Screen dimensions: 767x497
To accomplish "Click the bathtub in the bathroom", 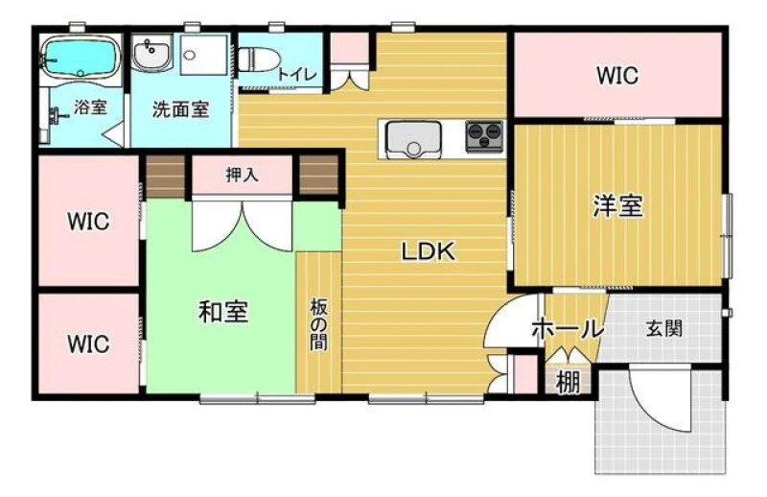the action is [81, 58].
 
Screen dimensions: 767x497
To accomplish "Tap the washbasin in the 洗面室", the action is [151, 53].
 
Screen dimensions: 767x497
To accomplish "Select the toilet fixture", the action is [258, 59].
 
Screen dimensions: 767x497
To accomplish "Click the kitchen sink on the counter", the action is [413, 138].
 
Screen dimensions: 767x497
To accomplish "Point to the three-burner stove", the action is [484, 135].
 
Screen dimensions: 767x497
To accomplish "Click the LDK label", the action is [429, 251].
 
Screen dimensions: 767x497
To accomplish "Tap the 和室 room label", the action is [223, 312].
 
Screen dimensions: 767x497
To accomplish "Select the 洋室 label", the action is [617, 205].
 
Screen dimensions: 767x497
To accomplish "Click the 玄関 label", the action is [664, 328].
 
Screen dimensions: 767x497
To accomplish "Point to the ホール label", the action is [568, 329].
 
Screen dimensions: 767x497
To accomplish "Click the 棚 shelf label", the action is [569, 383].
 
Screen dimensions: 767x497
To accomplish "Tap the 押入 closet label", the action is [243, 175].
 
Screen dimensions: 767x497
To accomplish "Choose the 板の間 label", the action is [318, 324].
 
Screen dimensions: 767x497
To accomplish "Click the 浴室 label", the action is [90, 107].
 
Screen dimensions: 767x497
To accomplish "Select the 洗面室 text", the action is [181, 109].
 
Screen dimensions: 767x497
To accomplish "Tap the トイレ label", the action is [297, 75].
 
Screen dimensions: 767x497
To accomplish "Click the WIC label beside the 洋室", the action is [617, 76].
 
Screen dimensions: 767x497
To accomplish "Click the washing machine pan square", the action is [204, 55].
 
